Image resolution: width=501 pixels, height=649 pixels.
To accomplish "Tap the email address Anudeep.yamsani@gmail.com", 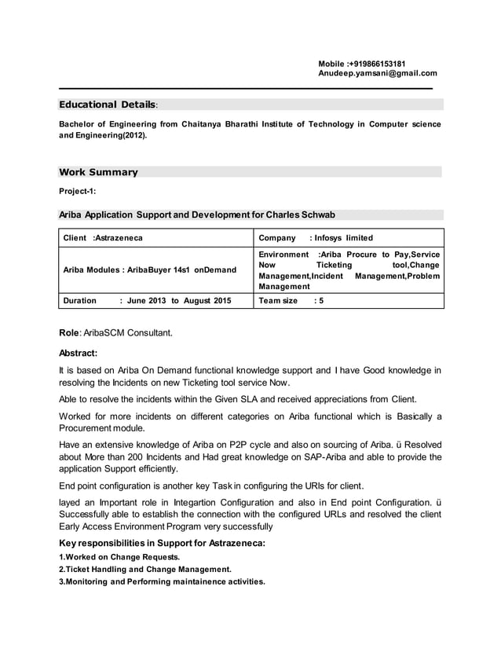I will pyautogui.click(x=377, y=74).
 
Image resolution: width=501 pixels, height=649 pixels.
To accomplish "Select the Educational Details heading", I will pyautogui.click(x=108, y=104).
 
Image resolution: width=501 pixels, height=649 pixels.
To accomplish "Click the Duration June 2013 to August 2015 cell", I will pyautogui.click(x=147, y=300).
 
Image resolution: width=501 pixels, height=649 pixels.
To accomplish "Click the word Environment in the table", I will pyautogui.click(x=283, y=255).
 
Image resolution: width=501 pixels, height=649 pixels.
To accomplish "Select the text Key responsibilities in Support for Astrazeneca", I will pyautogui.click(x=163, y=544).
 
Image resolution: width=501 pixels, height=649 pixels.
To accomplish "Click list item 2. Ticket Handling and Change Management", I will pyautogui.click(x=145, y=569).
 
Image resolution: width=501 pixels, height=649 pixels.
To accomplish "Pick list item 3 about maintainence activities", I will pyautogui.click(x=163, y=581).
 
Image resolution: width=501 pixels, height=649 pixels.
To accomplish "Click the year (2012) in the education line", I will pyautogui.click(x=133, y=135).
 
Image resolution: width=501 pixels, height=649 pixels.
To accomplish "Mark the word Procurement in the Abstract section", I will pyautogui.click(x=88, y=428).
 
